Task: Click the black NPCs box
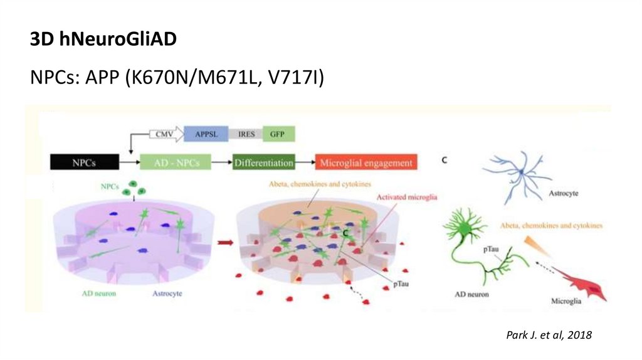pos(85,163)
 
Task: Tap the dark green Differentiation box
pos(263,163)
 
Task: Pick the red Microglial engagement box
pos(366,163)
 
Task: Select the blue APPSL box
pos(206,134)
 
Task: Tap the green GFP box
pos(278,134)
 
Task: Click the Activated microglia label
pos(406,197)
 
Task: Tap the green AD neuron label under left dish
pos(99,293)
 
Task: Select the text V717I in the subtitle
pos(294,78)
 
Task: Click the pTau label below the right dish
pos(403,283)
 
